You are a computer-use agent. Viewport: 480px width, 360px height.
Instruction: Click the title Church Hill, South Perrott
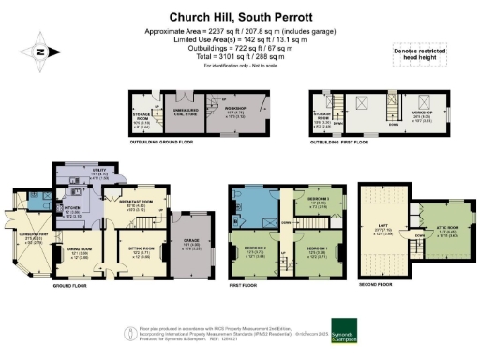(x=241, y=16)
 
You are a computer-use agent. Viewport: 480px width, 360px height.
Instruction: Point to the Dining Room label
(x=77, y=251)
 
